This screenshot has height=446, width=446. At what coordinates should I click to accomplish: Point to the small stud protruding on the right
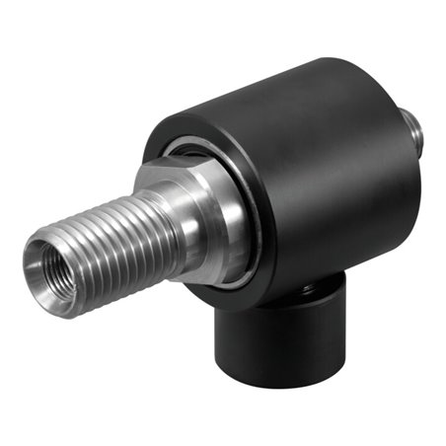click(x=415, y=128)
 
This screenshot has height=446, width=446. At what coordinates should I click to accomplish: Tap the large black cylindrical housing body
click(x=316, y=178)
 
